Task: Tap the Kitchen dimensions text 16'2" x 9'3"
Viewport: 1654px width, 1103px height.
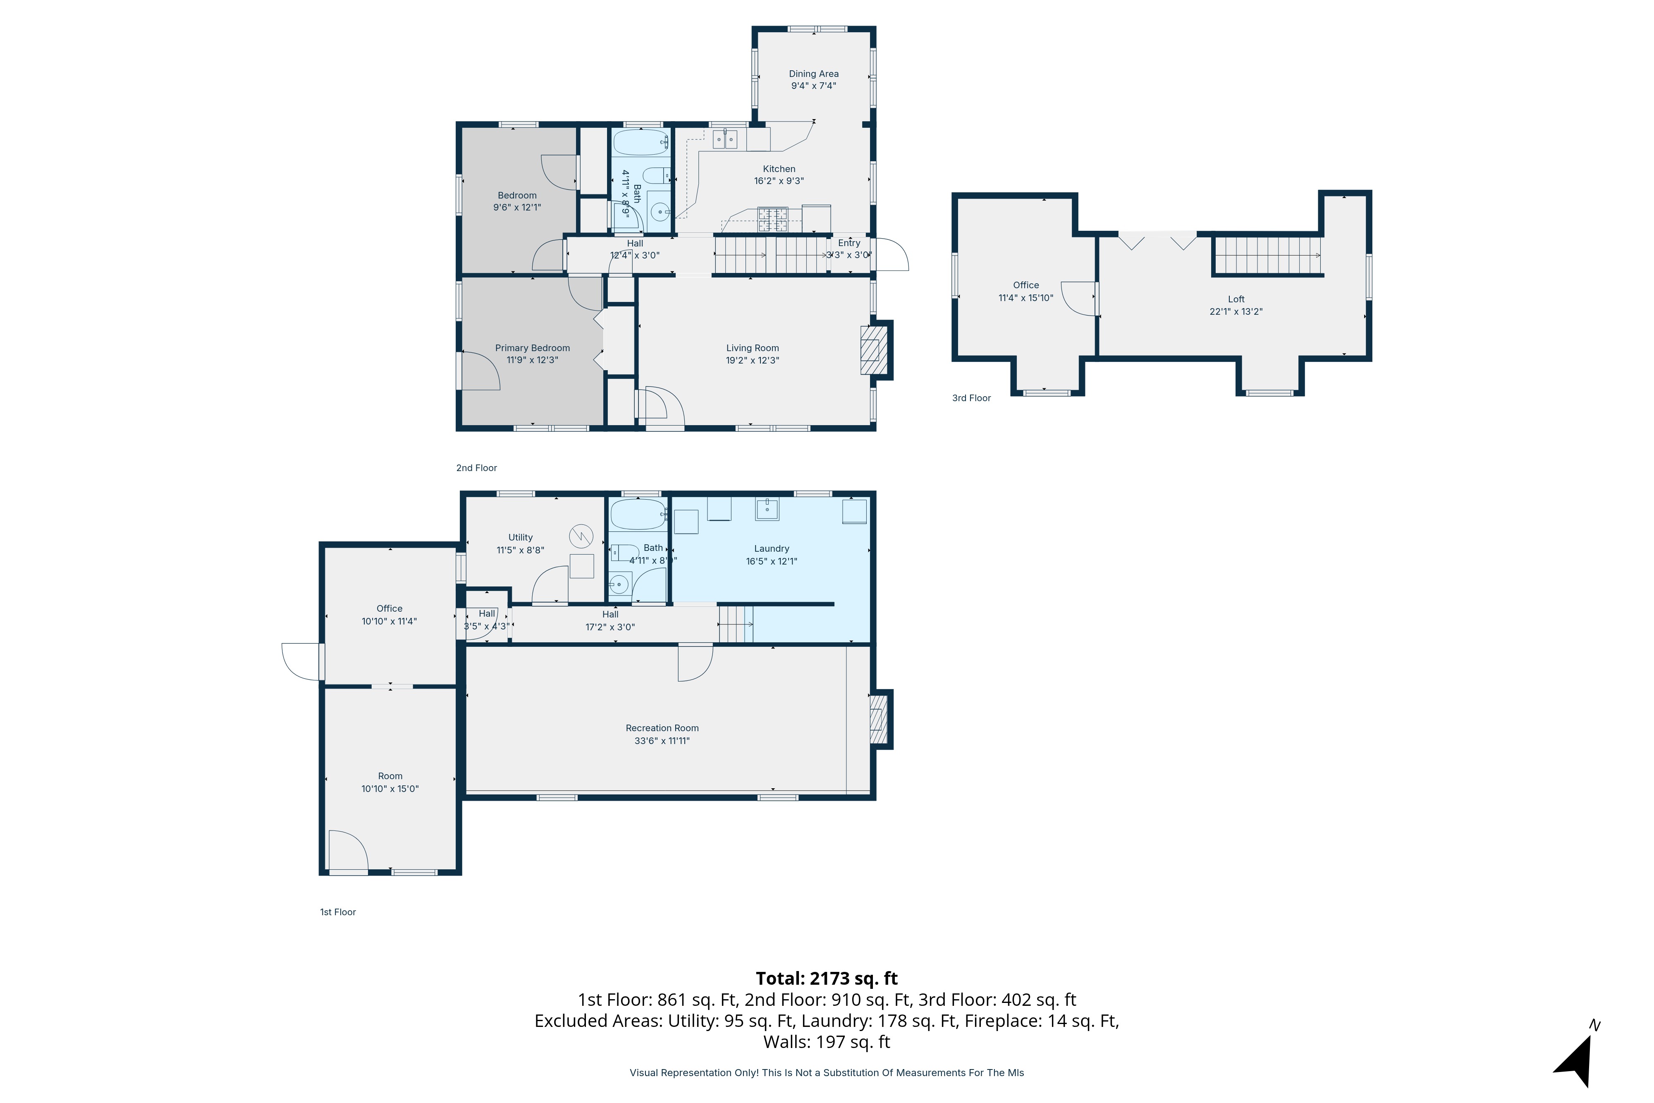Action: coord(779,181)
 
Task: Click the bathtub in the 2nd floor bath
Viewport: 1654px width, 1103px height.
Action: coord(641,142)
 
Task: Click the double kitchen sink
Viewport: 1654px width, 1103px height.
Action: coord(725,139)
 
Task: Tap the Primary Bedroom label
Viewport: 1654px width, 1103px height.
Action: coord(532,348)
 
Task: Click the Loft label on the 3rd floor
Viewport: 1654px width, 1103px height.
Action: coord(1236,299)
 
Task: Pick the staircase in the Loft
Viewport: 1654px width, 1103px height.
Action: coord(1267,255)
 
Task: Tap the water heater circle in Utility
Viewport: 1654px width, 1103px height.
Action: coord(581,537)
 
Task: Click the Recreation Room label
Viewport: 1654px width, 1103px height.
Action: coord(662,728)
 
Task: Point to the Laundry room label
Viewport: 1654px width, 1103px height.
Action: coord(772,549)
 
